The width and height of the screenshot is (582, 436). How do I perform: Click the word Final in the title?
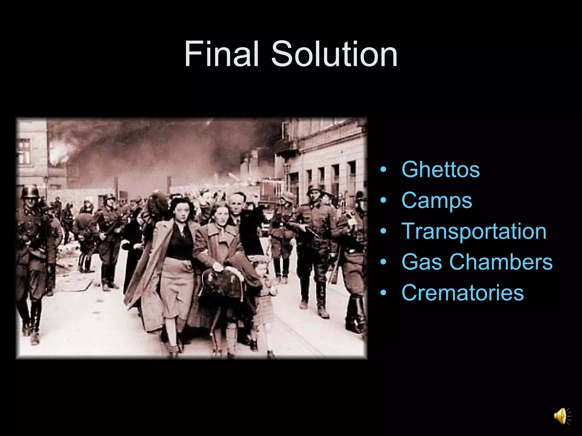pos(222,54)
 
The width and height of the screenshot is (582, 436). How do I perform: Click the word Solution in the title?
pos(334,54)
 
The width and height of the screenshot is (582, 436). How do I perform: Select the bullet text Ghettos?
pos(440,169)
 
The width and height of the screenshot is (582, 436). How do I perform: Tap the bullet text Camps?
pos(437,201)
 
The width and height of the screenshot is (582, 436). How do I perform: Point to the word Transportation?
pos(474,231)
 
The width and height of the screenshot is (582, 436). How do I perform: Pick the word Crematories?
pos(463,292)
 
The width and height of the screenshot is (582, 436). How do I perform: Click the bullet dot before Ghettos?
pos(383,170)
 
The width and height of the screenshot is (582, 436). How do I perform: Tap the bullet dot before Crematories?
pos(383,293)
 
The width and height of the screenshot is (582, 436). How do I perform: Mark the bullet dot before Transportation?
pos(383,231)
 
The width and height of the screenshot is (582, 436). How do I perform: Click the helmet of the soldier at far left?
pos(30,192)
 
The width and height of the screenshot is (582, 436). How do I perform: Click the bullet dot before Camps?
pos(383,200)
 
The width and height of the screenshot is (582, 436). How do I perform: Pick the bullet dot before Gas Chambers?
pos(383,262)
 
